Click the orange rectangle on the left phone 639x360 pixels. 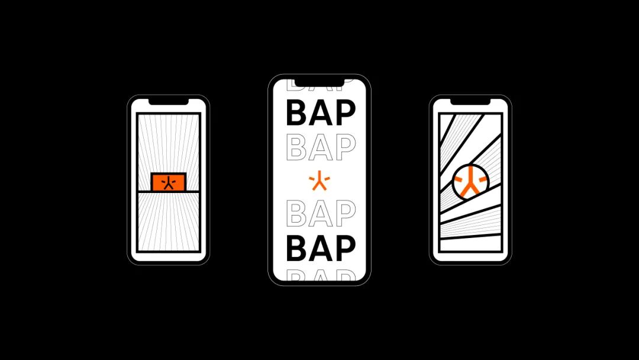tap(156, 182)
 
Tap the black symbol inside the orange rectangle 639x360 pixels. tap(169, 182)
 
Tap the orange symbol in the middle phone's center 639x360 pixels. tap(319, 181)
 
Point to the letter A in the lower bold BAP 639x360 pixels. tap(320, 248)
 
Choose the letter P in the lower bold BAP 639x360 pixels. tap(344, 248)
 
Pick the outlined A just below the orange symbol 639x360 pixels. tap(320, 213)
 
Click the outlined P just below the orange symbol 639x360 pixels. tap(344, 213)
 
